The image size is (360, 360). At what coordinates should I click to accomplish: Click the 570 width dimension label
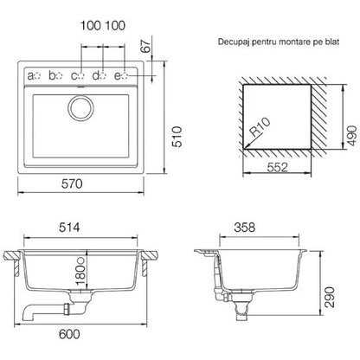point(72,183)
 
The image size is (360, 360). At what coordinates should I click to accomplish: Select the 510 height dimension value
point(177,137)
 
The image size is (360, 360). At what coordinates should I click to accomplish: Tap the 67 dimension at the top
point(146,45)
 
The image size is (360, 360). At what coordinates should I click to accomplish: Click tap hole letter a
point(30,76)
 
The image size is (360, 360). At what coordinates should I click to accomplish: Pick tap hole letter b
point(52,75)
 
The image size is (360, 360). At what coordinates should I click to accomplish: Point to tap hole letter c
point(74,76)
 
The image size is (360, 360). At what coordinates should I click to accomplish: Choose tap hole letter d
point(96,75)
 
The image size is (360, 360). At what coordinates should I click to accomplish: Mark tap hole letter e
point(118,76)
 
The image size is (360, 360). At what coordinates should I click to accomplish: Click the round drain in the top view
point(80,107)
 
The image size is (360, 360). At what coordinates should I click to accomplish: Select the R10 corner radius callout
point(260,127)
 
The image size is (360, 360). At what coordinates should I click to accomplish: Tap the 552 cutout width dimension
point(277,167)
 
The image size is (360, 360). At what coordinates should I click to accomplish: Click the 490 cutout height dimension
point(352,136)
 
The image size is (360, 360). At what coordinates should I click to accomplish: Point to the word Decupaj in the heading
point(234,42)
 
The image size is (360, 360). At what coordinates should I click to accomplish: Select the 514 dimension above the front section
point(69,228)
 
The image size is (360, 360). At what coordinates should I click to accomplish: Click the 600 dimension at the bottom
point(69,334)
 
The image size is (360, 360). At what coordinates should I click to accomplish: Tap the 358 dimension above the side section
point(245,228)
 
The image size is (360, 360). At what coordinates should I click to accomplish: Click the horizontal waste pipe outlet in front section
point(43,312)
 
